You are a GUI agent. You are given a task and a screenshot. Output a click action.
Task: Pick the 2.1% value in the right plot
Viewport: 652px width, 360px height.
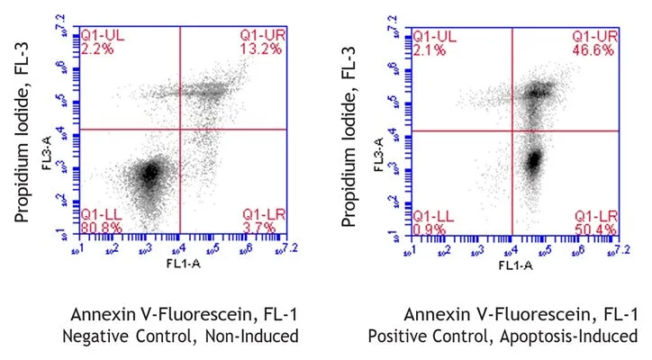click(x=427, y=47)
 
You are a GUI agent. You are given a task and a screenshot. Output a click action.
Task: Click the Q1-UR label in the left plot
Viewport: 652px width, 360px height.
click(x=262, y=35)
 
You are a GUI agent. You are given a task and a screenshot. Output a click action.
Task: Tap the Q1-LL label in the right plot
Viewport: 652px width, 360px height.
click(x=430, y=216)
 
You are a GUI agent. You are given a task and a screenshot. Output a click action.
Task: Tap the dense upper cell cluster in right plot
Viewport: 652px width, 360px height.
click(x=539, y=90)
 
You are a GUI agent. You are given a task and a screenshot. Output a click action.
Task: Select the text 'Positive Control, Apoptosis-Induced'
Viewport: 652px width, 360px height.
click(x=503, y=336)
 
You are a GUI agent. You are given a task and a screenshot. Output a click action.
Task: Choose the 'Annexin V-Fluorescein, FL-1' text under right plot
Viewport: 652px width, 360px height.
click(x=521, y=314)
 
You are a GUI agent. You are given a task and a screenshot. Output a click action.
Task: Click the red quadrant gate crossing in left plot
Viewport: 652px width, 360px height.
click(x=181, y=130)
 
